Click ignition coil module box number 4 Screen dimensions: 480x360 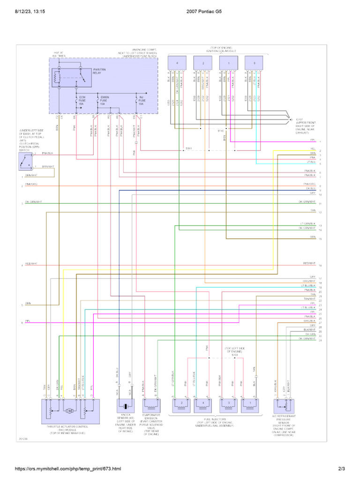177,63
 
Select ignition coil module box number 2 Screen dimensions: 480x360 202,63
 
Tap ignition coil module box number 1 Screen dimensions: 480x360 228,63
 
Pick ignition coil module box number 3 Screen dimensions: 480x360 254,63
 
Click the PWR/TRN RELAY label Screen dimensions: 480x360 100,71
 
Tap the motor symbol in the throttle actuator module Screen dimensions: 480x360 69,411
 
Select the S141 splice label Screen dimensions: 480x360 188,149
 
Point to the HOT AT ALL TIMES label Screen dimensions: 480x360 59,54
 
